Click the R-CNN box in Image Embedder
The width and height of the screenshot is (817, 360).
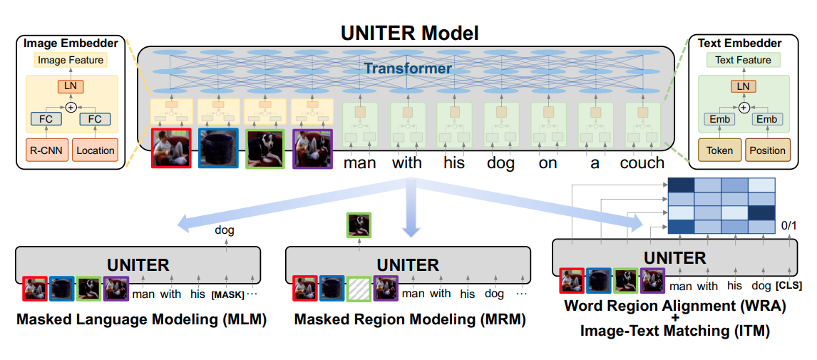point(43,150)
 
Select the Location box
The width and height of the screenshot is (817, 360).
point(95,150)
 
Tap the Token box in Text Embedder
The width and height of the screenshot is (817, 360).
point(719,150)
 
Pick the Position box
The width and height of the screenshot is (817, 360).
point(767,150)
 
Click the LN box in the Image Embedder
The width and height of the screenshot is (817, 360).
point(70,86)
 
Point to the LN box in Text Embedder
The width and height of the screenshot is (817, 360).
point(743,86)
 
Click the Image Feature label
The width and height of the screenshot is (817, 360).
point(70,61)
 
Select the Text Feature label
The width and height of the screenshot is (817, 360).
point(743,61)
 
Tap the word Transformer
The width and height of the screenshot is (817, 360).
point(408,68)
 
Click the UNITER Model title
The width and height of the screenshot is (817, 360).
point(409,32)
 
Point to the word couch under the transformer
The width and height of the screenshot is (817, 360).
point(642,163)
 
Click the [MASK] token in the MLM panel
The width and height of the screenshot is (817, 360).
point(227,294)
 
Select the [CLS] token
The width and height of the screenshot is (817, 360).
point(788,286)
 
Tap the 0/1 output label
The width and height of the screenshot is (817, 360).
point(788,225)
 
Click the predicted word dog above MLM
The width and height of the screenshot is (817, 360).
point(225,230)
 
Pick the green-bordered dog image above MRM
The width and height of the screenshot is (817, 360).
point(359,225)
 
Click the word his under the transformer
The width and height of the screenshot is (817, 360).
point(453,163)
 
